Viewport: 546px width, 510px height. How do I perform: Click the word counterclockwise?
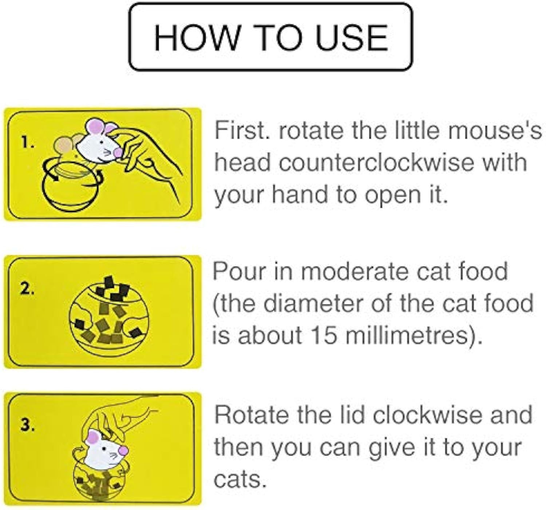[x=376, y=162]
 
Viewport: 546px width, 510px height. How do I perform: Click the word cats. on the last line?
[x=238, y=479]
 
